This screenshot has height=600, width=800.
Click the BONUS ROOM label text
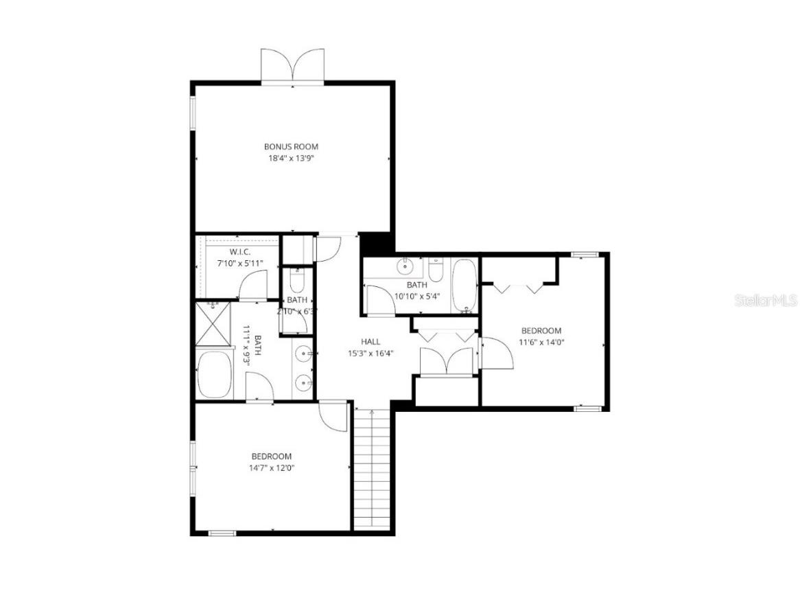(291, 146)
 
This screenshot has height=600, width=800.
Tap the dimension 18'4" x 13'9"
(291, 158)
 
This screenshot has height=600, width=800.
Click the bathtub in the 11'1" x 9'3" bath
(215, 375)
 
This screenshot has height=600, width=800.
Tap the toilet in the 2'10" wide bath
(297, 281)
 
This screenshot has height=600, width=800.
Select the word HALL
(370, 341)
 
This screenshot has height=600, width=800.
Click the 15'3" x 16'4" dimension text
(370, 354)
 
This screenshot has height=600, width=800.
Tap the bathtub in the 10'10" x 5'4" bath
(464, 284)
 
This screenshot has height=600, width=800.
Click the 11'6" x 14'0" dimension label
(541, 342)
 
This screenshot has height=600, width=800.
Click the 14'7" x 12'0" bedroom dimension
(271, 468)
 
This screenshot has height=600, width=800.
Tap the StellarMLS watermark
(766, 300)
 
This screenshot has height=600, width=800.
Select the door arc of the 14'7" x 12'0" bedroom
(335, 416)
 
